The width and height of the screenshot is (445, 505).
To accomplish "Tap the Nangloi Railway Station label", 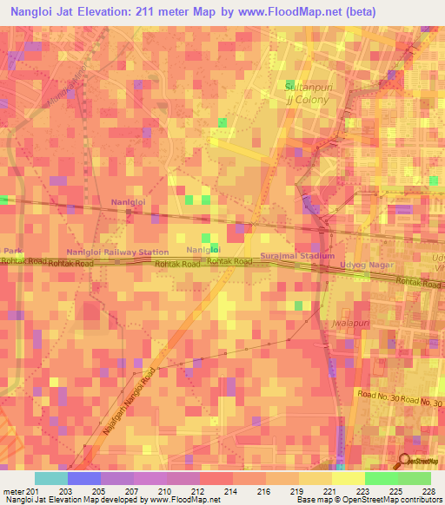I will pyautogui.click(x=117, y=252).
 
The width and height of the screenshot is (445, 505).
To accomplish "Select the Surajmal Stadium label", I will pyautogui.click(x=297, y=257).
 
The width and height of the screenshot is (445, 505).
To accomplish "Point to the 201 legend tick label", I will pyautogui.click(x=33, y=490).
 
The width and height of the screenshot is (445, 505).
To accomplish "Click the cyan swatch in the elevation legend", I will pyautogui.click(x=50, y=478).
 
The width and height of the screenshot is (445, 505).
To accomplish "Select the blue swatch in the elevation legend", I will pyautogui.click(x=83, y=478).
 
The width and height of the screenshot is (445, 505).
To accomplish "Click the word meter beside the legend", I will pyautogui.click(x=12, y=490).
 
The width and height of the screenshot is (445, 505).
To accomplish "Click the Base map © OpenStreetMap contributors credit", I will pyautogui.click(x=366, y=500).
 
